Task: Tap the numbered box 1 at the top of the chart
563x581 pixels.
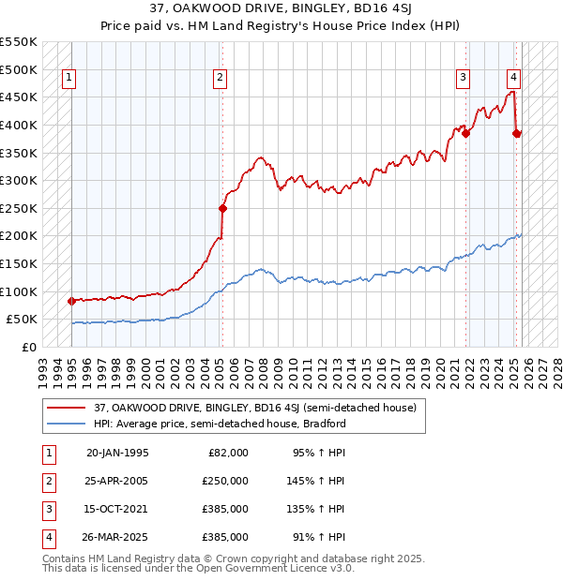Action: pyautogui.click(x=70, y=79)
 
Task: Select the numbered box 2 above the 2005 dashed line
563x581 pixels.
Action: pyautogui.click(x=220, y=79)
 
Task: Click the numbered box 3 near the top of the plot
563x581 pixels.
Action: pyautogui.click(x=464, y=79)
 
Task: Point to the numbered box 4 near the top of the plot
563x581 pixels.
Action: pyautogui.click(x=514, y=79)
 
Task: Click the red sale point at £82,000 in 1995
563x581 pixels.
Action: pyautogui.click(x=72, y=301)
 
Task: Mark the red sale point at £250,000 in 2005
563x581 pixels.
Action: pyautogui.click(x=222, y=208)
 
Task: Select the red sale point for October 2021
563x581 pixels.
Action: pyautogui.click(x=466, y=133)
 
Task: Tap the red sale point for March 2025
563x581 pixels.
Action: pyautogui.click(x=517, y=133)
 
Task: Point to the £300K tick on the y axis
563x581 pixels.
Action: pyautogui.click(x=19, y=180)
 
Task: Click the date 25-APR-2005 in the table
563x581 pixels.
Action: pyautogui.click(x=117, y=480)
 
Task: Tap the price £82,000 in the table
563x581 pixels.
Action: pyautogui.click(x=227, y=452)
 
